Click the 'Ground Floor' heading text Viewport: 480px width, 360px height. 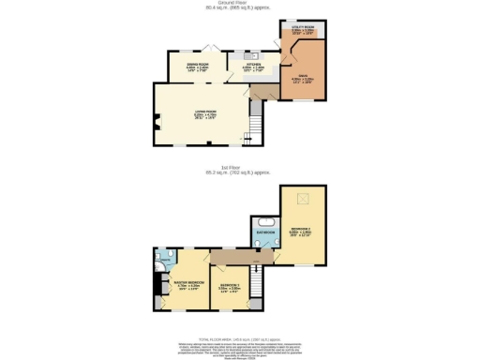point(239,3)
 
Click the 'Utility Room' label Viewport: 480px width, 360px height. point(302,31)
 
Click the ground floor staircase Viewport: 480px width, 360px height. point(257,127)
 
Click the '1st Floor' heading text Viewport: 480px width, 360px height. point(239,168)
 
